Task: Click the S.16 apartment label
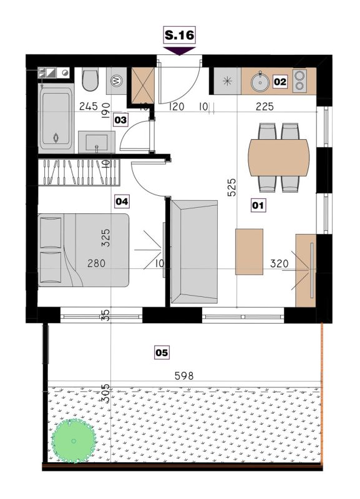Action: click(x=180, y=35)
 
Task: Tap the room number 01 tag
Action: click(x=258, y=205)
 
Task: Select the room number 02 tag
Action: click(x=280, y=82)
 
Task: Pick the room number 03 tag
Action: click(x=120, y=120)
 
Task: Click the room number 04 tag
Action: click(x=122, y=201)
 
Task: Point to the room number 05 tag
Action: click(x=162, y=352)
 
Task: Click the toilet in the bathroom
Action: click(x=90, y=79)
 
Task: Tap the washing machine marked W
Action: click(x=117, y=81)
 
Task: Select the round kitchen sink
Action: click(x=260, y=82)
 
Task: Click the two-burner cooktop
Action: click(x=299, y=81)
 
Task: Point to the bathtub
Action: click(x=56, y=119)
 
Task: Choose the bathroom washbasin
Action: click(x=97, y=142)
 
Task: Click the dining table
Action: click(x=279, y=158)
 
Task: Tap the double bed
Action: click(x=84, y=250)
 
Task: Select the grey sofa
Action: click(x=194, y=252)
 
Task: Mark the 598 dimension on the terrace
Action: click(x=184, y=376)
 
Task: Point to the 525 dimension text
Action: click(x=231, y=187)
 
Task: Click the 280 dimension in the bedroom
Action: click(x=97, y=263)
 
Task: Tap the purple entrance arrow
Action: click(x=179, y=51)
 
